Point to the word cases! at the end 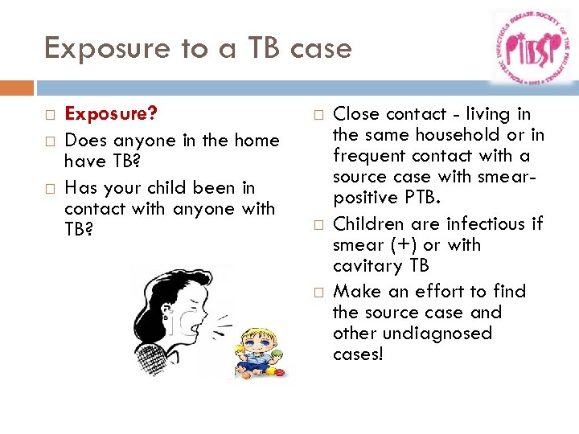coord(359,354)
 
